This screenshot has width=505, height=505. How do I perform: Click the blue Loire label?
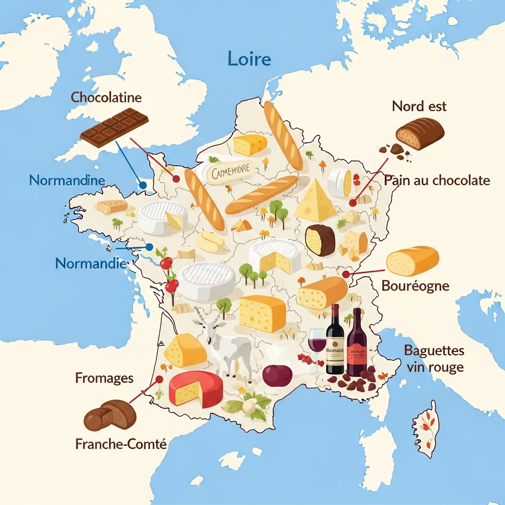(250, 59)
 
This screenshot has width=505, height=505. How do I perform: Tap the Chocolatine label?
(106, 97)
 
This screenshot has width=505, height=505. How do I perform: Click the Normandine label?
(67, 180)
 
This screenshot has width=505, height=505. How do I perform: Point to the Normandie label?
(90, 263)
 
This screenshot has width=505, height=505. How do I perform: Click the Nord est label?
(419, 106)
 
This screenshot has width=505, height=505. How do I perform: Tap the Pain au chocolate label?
(437, 180)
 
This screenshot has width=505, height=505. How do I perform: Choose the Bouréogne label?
(415, 286)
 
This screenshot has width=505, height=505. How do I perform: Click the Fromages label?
(104, 378)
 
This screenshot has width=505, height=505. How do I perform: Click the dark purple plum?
(277, 375)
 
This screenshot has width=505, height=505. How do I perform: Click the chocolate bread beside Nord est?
(420, 133)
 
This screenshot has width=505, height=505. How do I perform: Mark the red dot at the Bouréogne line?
(346, 274)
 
